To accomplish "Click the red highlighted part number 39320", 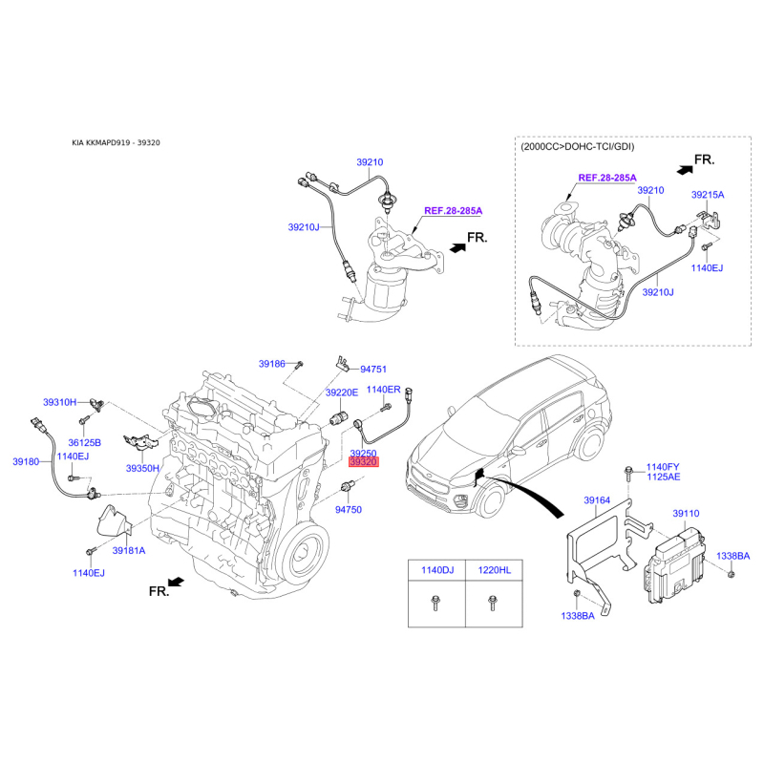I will click(364, 462).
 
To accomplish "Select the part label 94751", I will click(372, 369).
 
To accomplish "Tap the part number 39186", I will click(272, 364).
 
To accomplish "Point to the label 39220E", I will click(341, 393).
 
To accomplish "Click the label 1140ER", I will click(384, 390).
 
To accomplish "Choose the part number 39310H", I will click(59, 402).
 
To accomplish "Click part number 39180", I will click(26, 462).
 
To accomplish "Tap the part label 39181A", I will click(128, 551).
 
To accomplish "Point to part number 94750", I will click(349, 510).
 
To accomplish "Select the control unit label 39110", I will click(686, 513).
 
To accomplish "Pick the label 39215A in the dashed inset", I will click(708, 194).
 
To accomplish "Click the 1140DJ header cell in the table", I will click(426, 570).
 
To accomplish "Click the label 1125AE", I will click(663, 477).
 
